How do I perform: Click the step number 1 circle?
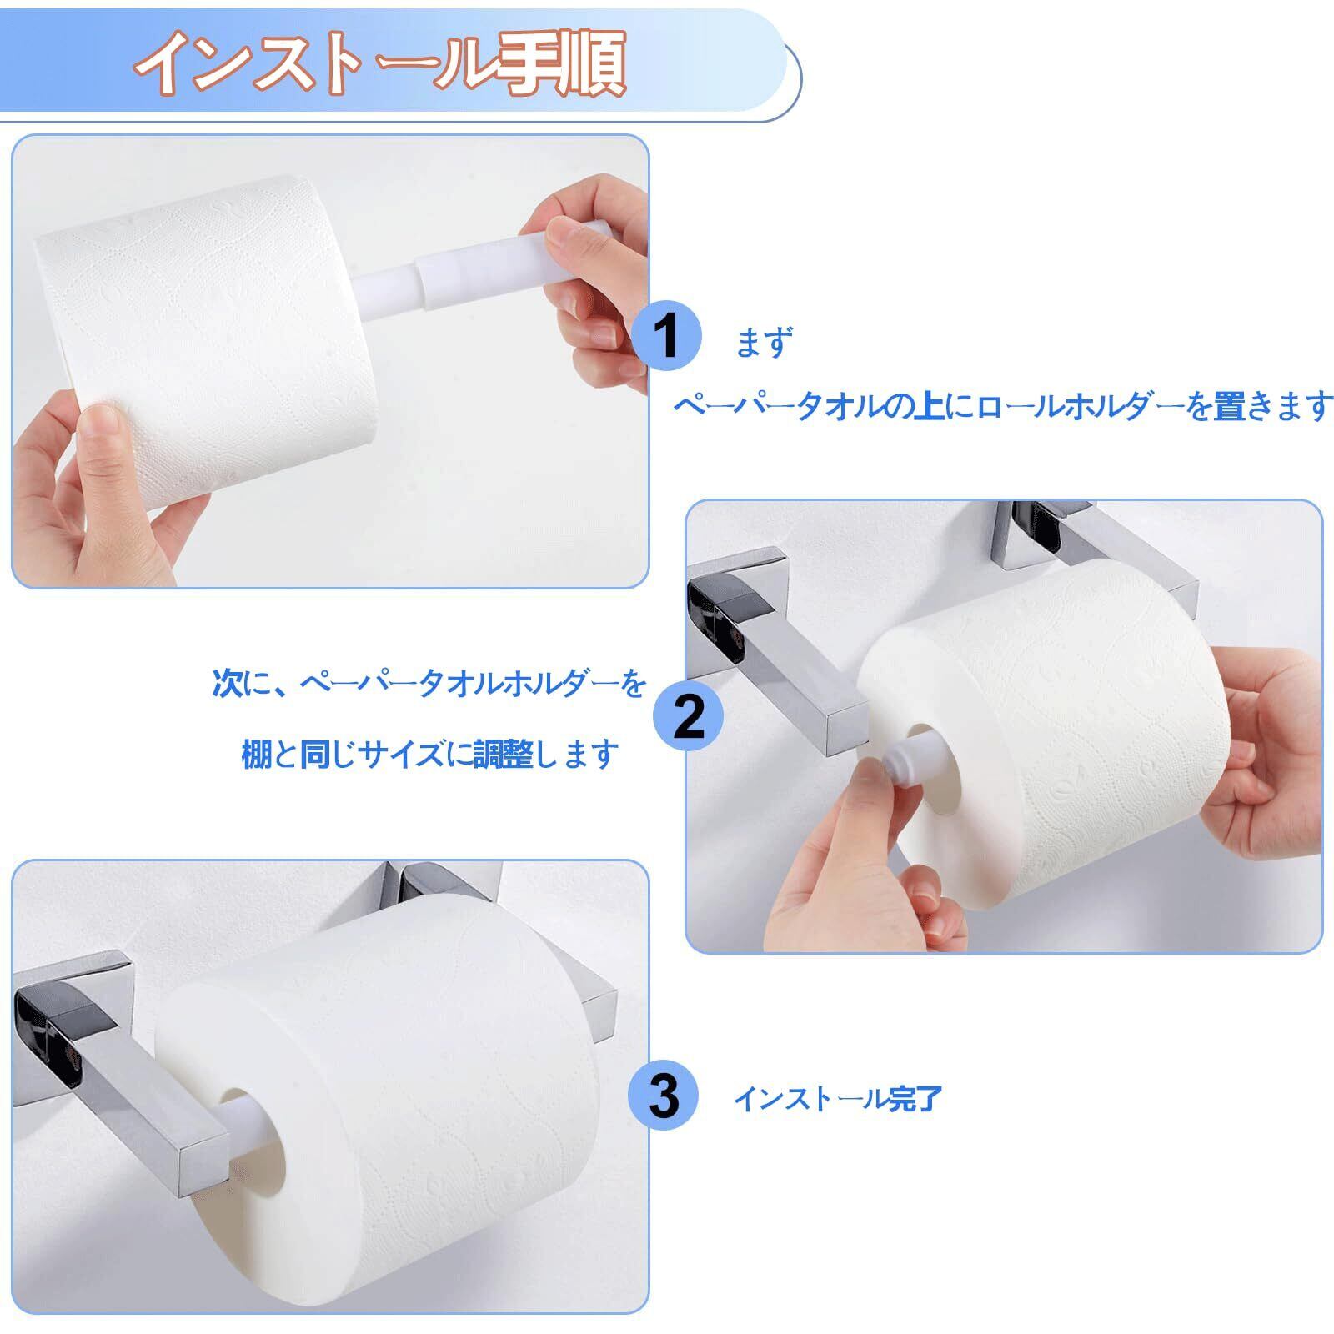(667, 337)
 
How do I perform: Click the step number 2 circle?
(689, 715)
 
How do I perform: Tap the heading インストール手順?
(381, 63)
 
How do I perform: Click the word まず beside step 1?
(764, 342)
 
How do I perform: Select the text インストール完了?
(838, 1099)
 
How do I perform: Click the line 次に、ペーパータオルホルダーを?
(429, 684)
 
